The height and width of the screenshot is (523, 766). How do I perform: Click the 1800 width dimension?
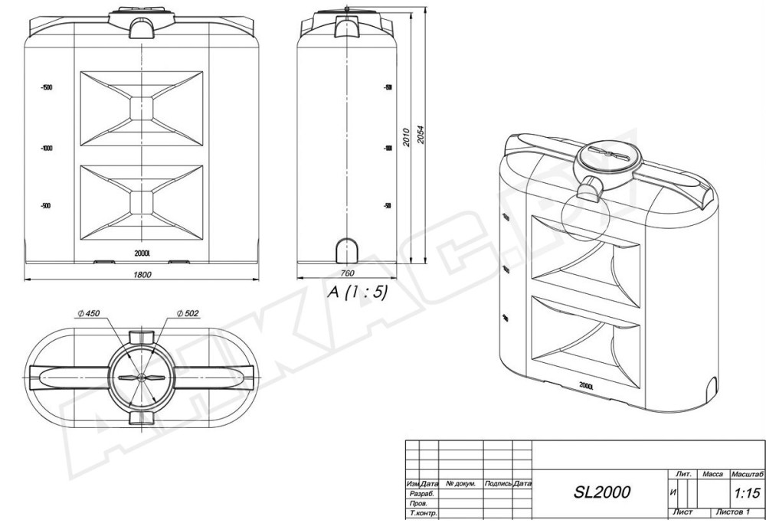142,274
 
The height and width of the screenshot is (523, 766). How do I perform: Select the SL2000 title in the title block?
601,492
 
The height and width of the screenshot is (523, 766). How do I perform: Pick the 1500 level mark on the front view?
47,88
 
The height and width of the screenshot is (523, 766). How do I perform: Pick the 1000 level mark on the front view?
47,148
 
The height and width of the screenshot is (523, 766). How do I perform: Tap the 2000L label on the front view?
142,253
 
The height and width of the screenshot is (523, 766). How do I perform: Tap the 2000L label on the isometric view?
588,385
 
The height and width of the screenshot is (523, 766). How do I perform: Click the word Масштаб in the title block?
748,475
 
